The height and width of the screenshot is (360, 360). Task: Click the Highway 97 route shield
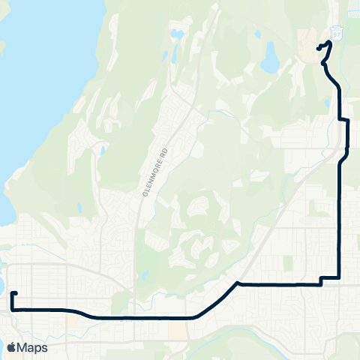click(x=336, y=34)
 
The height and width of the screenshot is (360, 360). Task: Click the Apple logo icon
click(x=11, y=347)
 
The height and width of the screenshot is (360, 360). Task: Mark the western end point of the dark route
click(x=16, y=293)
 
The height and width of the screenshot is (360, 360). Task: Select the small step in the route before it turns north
click(x=321, y=280)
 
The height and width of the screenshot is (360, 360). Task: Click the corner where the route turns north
click(x=341, y=278)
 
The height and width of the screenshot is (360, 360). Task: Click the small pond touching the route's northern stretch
click(x=329, y=75)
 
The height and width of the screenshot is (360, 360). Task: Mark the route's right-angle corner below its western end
click(x=13, y=308)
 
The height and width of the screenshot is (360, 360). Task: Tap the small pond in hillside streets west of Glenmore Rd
click(x=102, y=151)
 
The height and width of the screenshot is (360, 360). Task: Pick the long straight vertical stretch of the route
click(x=341, y=217)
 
